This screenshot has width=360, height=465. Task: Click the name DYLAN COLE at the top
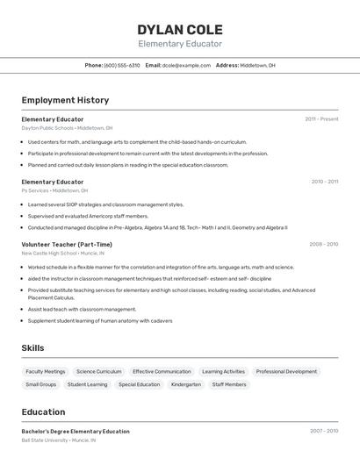click(180, 30)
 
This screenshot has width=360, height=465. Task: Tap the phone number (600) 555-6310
click(122, 65)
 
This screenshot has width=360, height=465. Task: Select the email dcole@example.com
click(185, 65)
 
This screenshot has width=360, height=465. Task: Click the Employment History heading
click(65, 100)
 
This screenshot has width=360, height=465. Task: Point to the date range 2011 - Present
click(321, 119)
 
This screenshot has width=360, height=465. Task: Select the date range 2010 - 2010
click(324, 182)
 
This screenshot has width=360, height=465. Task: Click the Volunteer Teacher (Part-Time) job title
click(67, 245)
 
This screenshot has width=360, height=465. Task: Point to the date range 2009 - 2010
click(323, 245)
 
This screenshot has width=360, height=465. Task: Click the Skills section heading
click(32, 348)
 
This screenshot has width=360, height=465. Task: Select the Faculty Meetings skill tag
click(46, 371)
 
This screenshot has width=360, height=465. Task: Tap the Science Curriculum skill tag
click(98, 371)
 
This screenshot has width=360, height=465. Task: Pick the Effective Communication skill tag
click(162, 371)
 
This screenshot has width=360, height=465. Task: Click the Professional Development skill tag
click(286, 371)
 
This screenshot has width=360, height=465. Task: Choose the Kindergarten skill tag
click(186, 384)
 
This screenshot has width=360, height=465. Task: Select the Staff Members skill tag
click(229, 384)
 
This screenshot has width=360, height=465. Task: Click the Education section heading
click(43, 411)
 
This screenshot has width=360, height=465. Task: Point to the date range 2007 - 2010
click(323, 431)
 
